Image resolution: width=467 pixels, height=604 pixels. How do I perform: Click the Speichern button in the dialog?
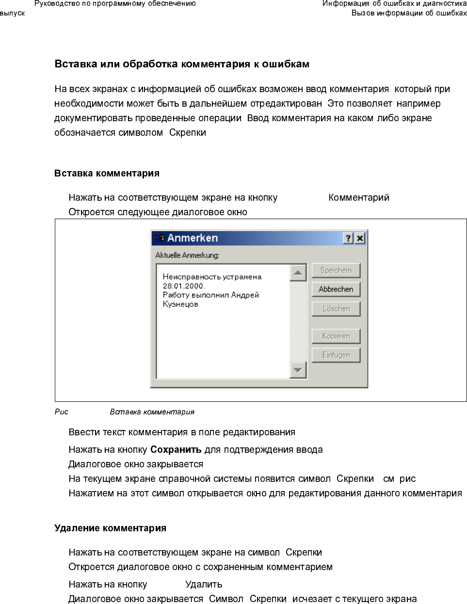pos(336,270)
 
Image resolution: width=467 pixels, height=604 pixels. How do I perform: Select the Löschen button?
pos(336,309)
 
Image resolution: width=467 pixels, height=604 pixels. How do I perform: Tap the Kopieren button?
pos(336,336)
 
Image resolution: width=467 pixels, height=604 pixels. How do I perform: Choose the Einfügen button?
pos(336,355)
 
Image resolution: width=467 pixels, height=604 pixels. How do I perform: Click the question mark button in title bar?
pos(348,238)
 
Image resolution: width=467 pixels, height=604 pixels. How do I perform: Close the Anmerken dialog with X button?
pos(359,238)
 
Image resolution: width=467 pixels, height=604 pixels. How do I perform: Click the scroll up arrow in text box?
pos(298,273)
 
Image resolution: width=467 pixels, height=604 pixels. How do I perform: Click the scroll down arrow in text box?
pos(298,370)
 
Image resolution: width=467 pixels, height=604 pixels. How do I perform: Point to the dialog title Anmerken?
pos(193,238)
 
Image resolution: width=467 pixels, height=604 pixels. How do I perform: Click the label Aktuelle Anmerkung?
pos(187,255)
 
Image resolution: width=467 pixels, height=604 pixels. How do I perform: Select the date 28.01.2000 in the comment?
pos(183,286)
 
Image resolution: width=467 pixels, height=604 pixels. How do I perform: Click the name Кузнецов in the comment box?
pos(180,304)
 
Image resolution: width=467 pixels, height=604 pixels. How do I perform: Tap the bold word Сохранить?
pos(176,450)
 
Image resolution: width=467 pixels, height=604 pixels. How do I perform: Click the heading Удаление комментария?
pos(110,528)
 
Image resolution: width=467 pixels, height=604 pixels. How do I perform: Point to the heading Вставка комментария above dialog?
pos(107,174)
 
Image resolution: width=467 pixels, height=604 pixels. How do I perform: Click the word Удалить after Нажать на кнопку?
pos(204,585)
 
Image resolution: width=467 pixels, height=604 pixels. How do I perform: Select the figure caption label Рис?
pos(61,412)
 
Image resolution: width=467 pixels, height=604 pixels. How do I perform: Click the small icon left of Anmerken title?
pos(159,238)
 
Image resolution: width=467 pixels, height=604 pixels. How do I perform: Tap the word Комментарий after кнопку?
pos(359,198)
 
